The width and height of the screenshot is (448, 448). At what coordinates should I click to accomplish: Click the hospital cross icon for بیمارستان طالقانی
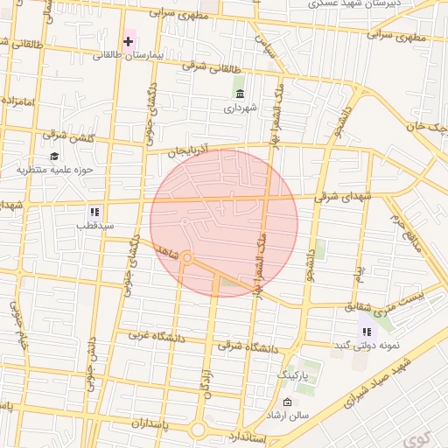129,41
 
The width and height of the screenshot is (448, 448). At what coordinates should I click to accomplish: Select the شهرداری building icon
240,94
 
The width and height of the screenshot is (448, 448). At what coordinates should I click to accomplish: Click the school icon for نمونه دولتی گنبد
366,332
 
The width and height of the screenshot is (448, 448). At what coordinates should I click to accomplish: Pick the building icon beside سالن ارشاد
286,402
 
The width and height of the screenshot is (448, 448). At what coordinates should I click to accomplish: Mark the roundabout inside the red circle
186,257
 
